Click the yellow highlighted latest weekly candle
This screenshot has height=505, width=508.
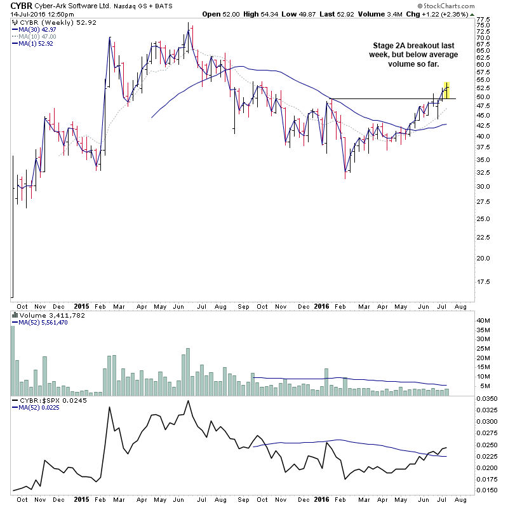[x=447, y=90]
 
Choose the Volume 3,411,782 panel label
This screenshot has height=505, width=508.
[x=42, y=315]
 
